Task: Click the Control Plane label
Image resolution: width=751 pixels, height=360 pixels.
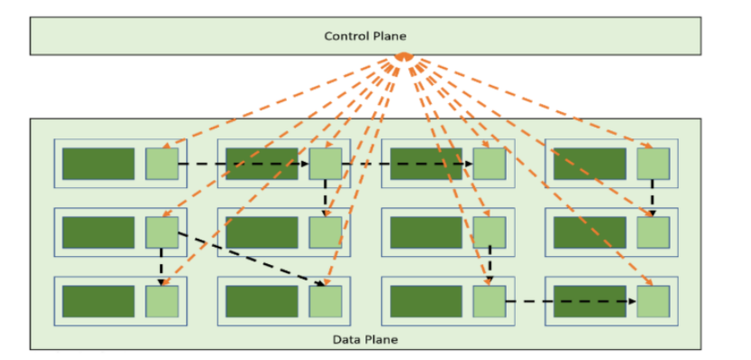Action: [365, 36]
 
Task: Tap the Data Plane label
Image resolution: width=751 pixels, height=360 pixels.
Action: [365, 340]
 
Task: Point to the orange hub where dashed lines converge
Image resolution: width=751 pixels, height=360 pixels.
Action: [404, 57]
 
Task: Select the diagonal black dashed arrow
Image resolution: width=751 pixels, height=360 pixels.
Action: [250, 259]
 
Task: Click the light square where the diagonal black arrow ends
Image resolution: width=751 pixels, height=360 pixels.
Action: [325, 301]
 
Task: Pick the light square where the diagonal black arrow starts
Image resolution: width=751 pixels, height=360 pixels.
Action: [162, 232]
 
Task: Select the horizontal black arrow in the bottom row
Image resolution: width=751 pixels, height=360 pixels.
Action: [571, 301]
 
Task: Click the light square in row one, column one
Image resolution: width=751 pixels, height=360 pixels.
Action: [162, 164]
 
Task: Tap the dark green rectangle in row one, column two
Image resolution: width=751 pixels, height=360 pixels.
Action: [262, 164]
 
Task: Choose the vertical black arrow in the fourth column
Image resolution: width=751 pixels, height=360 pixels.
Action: [652, 198]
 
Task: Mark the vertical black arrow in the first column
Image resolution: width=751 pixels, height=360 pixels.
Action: [161, 267]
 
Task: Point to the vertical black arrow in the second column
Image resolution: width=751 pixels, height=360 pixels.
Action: [325, 198]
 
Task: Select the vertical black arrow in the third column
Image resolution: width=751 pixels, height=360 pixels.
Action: [490, 265]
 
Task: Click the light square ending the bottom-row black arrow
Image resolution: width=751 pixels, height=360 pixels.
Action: [653, 301]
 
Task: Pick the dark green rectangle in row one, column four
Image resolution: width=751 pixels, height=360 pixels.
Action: [590, 164]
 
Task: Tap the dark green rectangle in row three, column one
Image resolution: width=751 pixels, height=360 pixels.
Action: [99, 301]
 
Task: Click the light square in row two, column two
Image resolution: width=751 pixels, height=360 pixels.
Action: [325, 232]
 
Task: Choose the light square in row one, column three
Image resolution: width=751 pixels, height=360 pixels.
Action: [490, 164]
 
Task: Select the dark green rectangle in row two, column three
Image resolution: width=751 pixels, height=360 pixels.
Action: [426, 232]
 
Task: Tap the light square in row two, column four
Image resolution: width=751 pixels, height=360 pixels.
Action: [653, 232]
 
